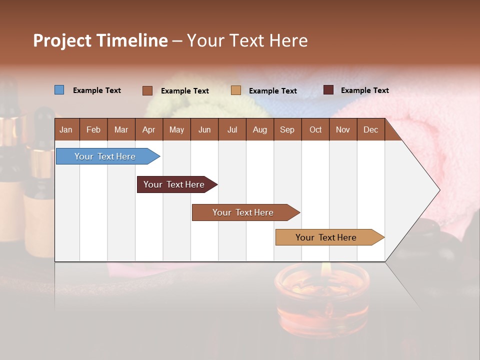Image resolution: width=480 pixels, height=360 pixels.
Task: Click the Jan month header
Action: (x=66, y=129)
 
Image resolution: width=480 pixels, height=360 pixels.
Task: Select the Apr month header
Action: (x=148, y=129)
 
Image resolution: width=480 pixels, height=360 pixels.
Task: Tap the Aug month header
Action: (x=259, y=129)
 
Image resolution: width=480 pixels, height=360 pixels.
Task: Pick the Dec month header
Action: (x=370, y=129)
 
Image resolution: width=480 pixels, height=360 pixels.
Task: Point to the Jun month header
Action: (x=204, y=129)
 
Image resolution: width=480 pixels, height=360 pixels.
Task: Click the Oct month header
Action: (x=315, y=129)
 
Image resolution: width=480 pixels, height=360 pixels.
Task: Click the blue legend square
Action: (x=59, y=90)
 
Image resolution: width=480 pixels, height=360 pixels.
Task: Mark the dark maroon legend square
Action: (x=328, y=90)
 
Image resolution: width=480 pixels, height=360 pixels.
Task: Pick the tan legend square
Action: (x=236, y=90)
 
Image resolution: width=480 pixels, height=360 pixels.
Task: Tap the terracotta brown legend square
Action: (x=147, y=90)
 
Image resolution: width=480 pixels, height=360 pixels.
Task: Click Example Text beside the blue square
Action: (x=97, y=90)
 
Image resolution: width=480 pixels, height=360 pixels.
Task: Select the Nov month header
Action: (x=343, y=129)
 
